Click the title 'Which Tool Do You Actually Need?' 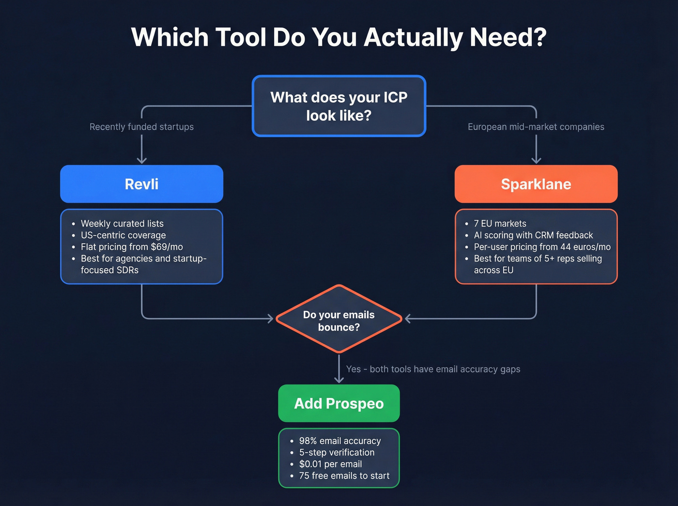click(x=339, y=37)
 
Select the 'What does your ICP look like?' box click(x=339, y=106)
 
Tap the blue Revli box click(x=141, y=184)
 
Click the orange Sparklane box click(x=536, y=184)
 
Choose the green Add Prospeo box click(x=339, y=403)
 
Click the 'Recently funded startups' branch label click(x=141, y=127)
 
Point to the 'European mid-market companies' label click(x=536, y=127)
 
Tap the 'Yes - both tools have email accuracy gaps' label click(x=433, y=369)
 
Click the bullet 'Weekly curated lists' click(x=122, y=224)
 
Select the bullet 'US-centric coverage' click(x=123, y=235)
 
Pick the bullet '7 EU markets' click(x=500, y=224)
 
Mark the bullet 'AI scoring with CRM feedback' click(x=533, y=235)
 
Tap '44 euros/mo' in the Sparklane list click(x=585, y=247)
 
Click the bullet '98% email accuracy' click(x=340, y=441)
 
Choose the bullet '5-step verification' click(x=337, y=453)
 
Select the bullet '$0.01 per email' click(x=330, y=464)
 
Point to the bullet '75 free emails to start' click(x=344, y=476)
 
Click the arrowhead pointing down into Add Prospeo click(x=339, y=380)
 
